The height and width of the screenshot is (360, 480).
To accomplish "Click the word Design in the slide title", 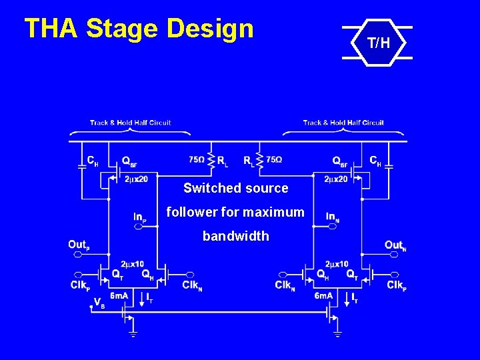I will coord(211,29).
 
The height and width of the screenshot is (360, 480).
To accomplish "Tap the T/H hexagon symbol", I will coord(377,44).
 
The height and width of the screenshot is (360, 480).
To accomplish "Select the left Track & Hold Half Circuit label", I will coord(131,123).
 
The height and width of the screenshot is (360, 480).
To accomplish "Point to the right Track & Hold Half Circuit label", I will coord(343,123).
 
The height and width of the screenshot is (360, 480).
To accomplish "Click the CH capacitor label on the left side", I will coord(93,161).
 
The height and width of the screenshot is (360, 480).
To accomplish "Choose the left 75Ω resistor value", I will coord(197,160).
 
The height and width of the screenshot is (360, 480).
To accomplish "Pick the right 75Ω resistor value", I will coord(274,160).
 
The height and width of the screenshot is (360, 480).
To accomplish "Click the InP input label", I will coord(139,217).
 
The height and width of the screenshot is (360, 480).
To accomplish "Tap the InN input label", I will coord(333,217).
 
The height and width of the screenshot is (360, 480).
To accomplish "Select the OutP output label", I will coord(78,245).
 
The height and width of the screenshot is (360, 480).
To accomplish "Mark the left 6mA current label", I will coord(120,295).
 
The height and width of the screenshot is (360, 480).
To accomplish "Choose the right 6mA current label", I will coord(323,295).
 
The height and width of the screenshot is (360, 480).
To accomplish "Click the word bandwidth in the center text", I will coord(236,236).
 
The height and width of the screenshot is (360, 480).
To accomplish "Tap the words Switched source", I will coord(236,188).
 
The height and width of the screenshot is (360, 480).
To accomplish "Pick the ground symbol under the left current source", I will coord(133,333).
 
